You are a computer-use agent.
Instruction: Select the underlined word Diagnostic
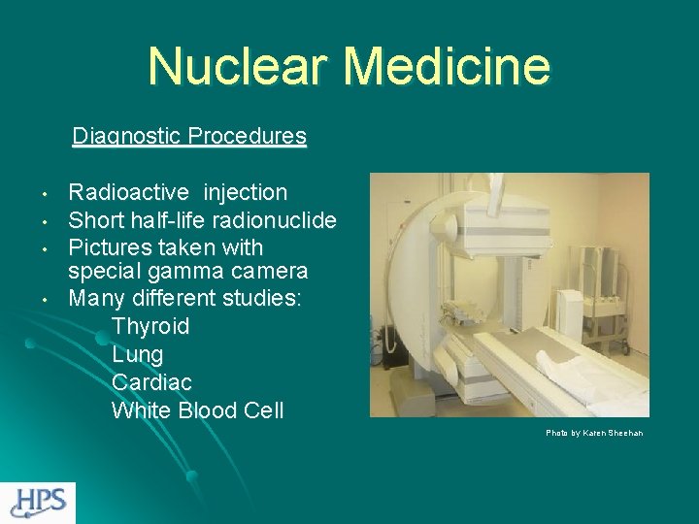point(126,136)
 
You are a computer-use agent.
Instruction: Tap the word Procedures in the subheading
point(248,136)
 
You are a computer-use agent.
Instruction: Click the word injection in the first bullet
point(246,192)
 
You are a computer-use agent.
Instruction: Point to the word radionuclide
point(278,220)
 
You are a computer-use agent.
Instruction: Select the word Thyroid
point(150,326)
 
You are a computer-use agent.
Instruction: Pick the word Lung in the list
point(138,354)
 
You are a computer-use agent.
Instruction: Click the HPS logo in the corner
point(38,502)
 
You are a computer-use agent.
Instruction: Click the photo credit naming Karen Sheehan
point(594,433)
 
